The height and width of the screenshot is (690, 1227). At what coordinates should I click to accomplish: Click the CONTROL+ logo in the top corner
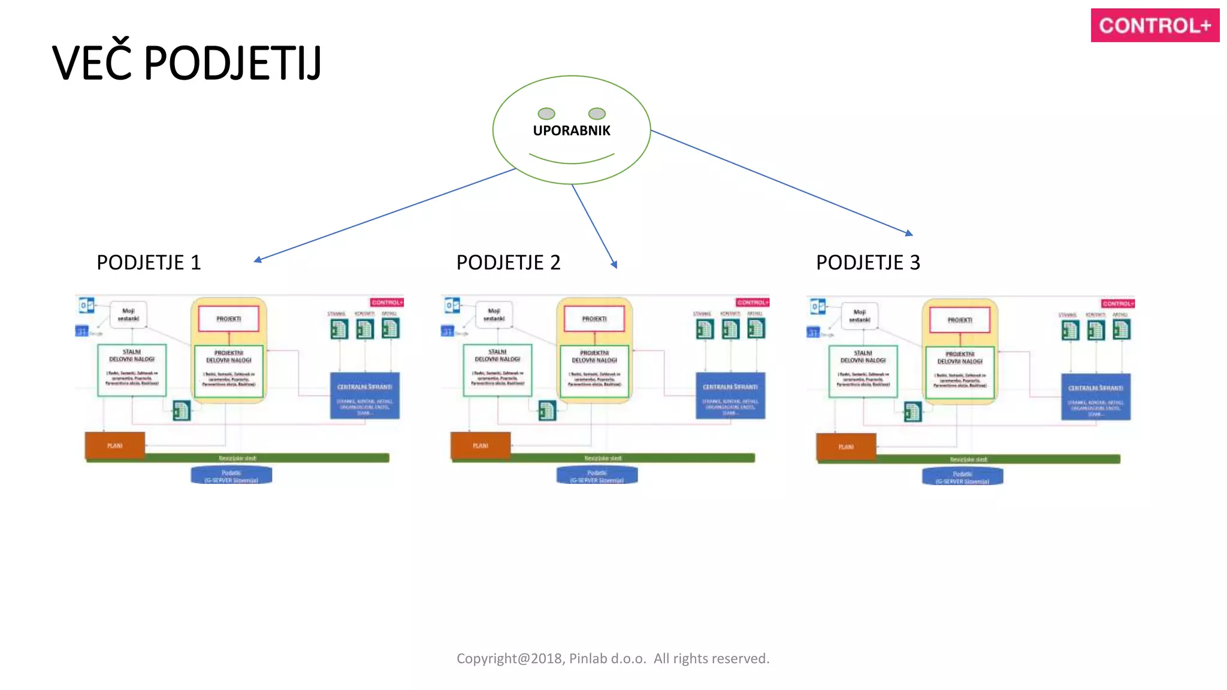[1155, 25]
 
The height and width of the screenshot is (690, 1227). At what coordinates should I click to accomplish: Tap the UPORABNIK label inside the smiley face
[572, 131]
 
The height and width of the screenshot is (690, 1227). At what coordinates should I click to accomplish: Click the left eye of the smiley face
[546, 113]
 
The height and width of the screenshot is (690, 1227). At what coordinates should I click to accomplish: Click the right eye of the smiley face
[597, 113]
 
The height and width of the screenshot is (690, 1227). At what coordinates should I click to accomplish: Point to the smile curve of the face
[572, 161]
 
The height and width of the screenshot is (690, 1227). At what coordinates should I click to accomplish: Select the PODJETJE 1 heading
[149, 262]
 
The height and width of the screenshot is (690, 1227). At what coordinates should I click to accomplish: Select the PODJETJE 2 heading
[508, 262]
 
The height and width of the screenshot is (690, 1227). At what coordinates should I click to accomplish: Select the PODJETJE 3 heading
[868, 262]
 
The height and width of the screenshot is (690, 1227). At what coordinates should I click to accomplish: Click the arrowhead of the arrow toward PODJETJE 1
[258, 260]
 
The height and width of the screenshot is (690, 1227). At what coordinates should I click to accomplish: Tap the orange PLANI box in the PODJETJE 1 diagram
[115, 446]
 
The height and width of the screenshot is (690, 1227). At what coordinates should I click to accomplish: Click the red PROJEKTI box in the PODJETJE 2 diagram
[594, 319]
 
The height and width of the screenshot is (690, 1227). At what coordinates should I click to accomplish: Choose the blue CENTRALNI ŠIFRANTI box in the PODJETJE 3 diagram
[1095, 397]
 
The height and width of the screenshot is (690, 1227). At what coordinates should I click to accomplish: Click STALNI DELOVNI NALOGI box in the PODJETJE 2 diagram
[497, 370]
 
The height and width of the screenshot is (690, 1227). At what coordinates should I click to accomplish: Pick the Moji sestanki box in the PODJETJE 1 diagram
[128, 314]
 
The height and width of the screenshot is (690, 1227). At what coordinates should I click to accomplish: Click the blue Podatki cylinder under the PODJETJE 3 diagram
[962, 477]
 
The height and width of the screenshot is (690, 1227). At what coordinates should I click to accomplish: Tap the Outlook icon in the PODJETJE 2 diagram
[452, 305]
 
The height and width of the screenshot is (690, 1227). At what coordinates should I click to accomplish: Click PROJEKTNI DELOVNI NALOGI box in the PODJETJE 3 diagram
[960, 372]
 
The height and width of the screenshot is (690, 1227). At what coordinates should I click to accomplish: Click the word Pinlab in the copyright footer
[588, 658]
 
